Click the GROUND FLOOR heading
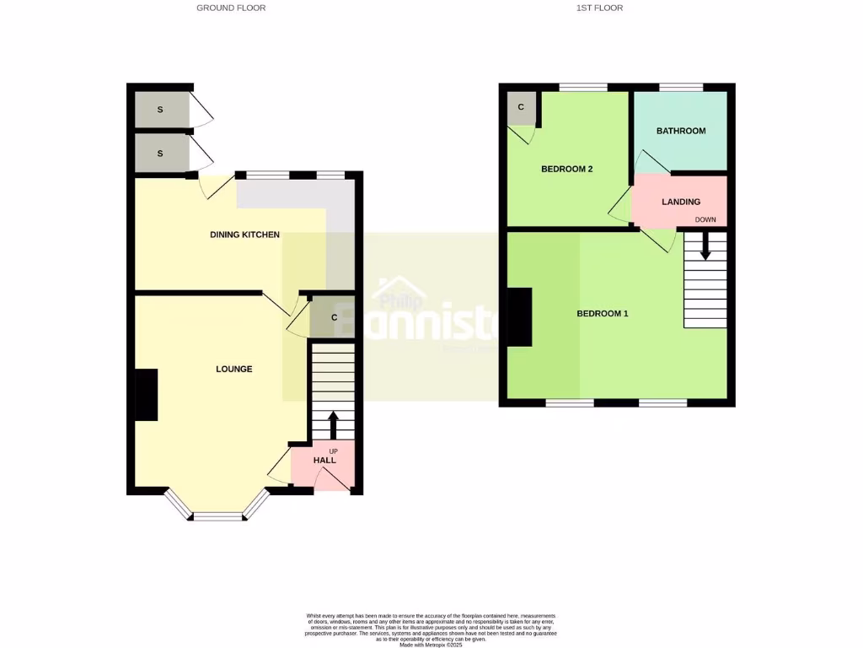click(x=231, y=8)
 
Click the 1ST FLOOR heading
click(x=599, y=8)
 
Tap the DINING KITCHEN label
click(x=244, y=235)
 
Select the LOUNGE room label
click(x=233, y=369)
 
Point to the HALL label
click(x=324, y=461)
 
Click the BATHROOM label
click(x=681, y=131)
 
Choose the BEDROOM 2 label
click(x=566, y=169)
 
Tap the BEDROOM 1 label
click(x=602, y=314)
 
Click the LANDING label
click(x=681, y=202)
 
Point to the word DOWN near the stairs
click(x=705, y=220)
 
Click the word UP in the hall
click(x=333, y=451)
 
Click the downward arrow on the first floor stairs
click(x=705, y=246)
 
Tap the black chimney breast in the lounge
click(x=146, y=395)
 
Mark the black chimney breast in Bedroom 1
click(x=519, y=317)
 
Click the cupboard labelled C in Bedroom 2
click(x=521, y=107)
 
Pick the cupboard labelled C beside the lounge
click(x=334, y=317)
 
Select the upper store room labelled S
click(x=160, y=110)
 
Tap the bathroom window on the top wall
click(x=681, y=87)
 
